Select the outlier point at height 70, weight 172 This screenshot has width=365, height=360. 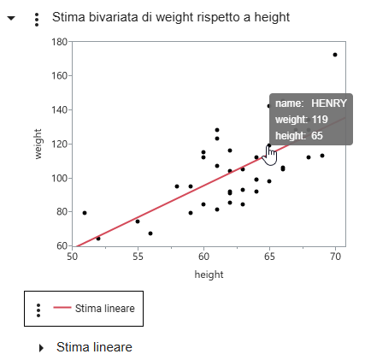tap(335, 55)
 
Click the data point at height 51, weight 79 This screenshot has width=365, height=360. tap(85, 212)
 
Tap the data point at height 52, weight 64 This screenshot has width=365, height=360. tap(98, 238)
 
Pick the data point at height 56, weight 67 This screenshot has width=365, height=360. tap(150, 233)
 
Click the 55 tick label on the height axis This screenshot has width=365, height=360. tap(138, 256)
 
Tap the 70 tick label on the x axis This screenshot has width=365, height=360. tap(335, 256)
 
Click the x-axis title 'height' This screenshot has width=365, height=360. tap(209, 274)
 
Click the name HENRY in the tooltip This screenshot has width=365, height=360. tap(328, 103)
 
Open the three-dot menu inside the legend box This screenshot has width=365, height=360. tap(38, 309)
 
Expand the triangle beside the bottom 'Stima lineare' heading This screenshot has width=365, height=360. tap(41, 347)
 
